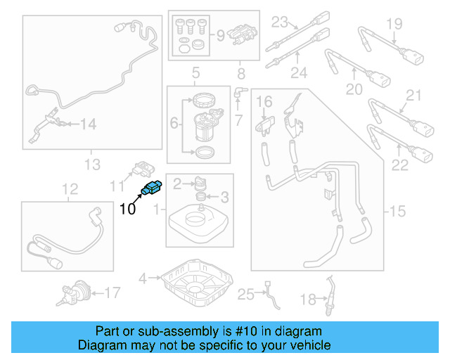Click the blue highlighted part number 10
pos(151,188)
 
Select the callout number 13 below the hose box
pos(92,165)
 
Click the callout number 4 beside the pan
pos(143,278)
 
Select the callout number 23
pos(281,20)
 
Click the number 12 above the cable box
pos(70,188)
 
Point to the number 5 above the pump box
pos(195,72)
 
